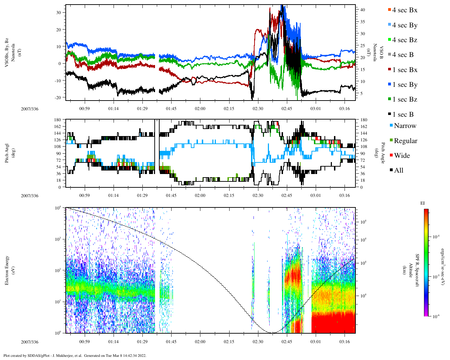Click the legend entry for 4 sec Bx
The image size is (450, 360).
405,10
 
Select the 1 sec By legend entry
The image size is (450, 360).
405,85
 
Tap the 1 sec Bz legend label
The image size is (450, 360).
405,99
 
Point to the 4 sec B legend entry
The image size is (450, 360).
403,55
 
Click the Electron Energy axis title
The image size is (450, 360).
7,270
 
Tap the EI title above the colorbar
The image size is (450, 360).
423,203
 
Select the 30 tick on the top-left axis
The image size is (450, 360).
59,12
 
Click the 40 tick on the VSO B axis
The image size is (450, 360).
362,10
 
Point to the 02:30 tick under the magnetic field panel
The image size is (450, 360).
258,109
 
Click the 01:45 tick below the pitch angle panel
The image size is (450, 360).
171,195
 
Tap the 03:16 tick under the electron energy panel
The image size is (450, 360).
345,341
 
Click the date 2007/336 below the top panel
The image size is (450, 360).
30,109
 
